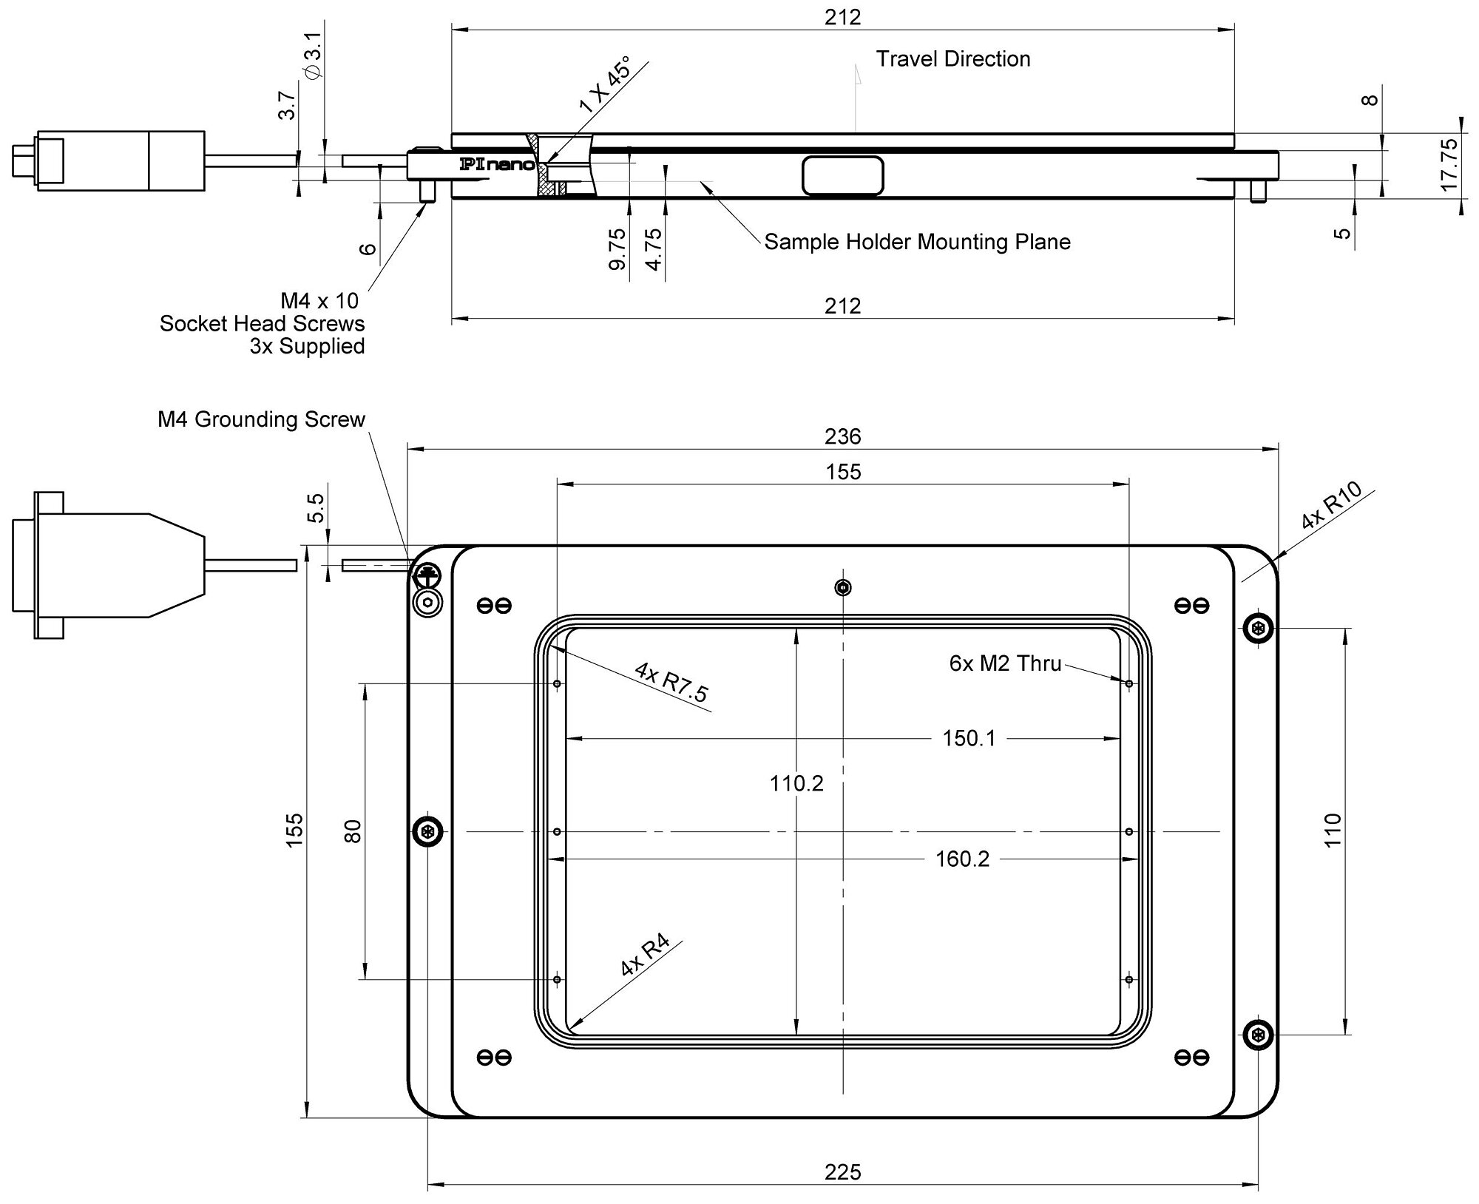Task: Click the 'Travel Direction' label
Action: coord(953,59)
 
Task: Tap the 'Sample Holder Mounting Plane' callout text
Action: coord(917,242)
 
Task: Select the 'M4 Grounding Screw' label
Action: coord(261,419)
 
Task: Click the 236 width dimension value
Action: coord(843,436)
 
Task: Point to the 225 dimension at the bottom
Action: coord(843,1172)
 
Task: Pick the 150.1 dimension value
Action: coord(969,738)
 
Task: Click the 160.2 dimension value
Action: coord(962,859)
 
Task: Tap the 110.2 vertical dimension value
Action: coord(796,783)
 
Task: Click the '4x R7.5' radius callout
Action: coord(671,682)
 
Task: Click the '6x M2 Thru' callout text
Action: coord(1005,663)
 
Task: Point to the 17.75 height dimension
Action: coord(1449,165)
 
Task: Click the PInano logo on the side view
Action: coord(496,164)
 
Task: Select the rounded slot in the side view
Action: coord(843,176)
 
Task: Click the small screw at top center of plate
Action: coord(842,588)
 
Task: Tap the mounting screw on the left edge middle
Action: coord(427,832)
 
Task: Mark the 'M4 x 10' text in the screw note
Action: coord(319,301)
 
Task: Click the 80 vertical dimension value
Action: coord(353,831)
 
